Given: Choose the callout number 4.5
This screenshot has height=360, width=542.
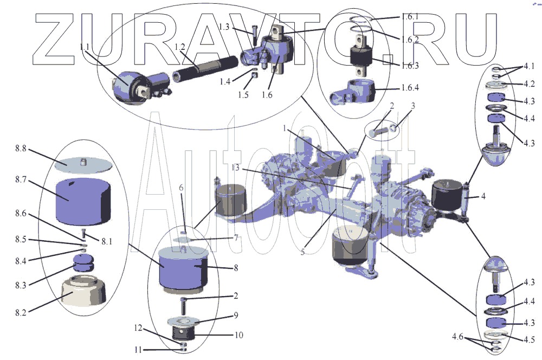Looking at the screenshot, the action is coord(529,339).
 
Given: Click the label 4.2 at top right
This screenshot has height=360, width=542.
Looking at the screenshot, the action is coord(528,83).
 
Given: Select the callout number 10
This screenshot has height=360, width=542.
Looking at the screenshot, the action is coord(238,335).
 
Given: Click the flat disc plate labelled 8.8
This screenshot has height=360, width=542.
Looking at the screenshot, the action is coord(83,163).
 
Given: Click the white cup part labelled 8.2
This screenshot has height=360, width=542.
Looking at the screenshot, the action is coord(83,291).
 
